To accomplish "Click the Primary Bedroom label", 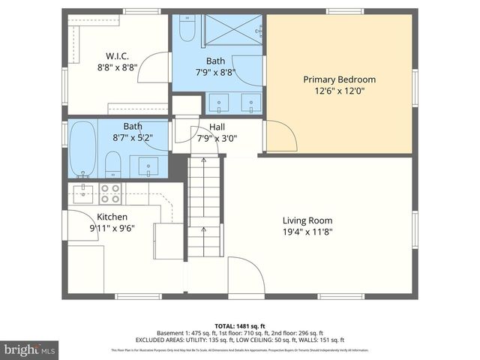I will click(x=339, y=79).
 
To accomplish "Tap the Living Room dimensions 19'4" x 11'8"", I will click(x=307, y=232).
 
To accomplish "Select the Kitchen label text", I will click(x=112, y=217).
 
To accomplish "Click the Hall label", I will click(x=217, y=127).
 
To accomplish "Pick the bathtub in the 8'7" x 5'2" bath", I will click(x=82, y=148).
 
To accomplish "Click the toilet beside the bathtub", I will click(x=113, y=163).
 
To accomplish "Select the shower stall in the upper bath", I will click(x=232, y=30).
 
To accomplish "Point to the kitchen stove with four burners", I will click(x=111, y=193).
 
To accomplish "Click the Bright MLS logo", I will click(x=30, y=349).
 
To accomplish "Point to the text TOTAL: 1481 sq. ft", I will click(x=239, y=325).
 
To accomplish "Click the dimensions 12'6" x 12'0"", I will click(x=339, y=92).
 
